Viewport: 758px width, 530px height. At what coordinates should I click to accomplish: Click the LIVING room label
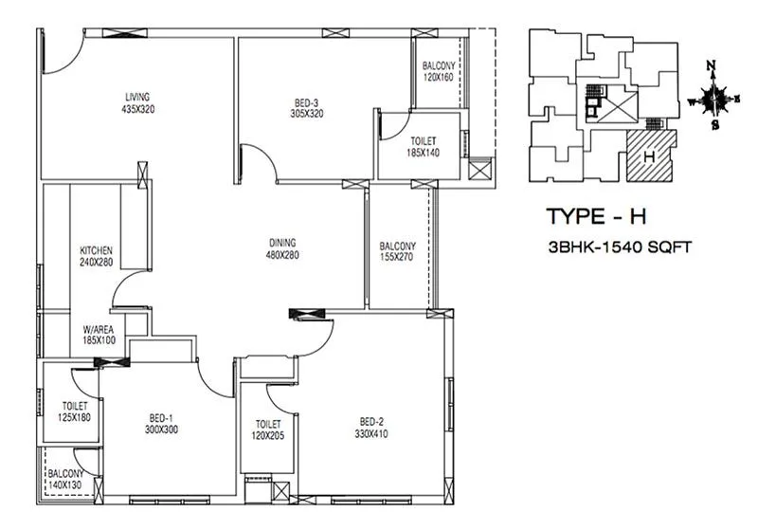(138, 97)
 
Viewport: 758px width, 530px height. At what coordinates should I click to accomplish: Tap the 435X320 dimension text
(138, 109)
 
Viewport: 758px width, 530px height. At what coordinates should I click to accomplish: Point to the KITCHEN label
(97, 250)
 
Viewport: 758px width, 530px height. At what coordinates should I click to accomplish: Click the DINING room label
(282, 242)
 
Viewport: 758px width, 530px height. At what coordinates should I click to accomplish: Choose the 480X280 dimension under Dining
(282, 254)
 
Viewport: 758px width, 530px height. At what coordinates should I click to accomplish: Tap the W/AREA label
(99, 328)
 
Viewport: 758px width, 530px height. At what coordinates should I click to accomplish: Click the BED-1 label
(161, 417)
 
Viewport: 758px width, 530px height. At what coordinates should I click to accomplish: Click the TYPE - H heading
(596, 216)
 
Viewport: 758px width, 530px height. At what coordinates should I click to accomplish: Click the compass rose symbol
(716, 98)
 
